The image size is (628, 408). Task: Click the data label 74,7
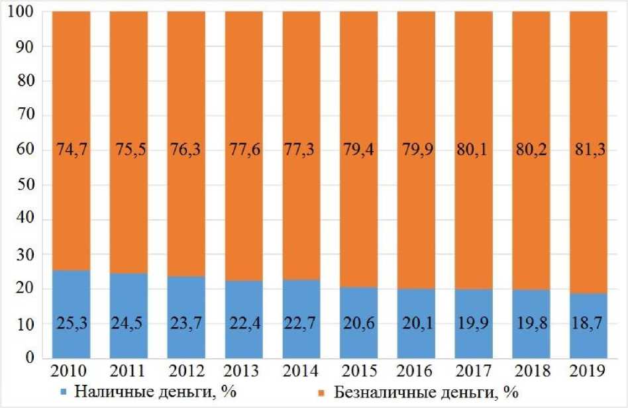pos(71,151)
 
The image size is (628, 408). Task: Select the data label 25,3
pos(71,326)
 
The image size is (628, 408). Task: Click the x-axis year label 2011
pos(129,368)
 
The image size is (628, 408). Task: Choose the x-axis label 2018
pos(531,368)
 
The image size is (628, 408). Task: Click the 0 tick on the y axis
pos(30,358)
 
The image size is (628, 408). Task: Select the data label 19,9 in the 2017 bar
pos(474,326)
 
